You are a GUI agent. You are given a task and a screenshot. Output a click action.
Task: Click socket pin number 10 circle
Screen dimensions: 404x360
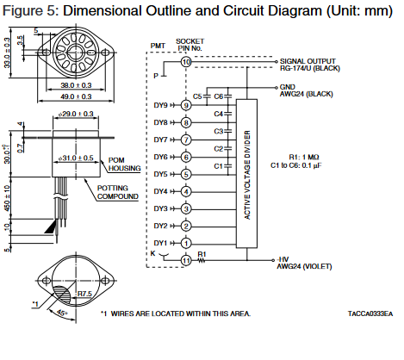point(186,62)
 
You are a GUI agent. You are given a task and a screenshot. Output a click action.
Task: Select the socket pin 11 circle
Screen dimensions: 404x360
point(186,261)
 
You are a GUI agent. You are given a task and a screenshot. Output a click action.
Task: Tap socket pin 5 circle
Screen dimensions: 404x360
point(186,174)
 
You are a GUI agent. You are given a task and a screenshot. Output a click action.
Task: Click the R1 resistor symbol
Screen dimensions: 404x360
point(202,260)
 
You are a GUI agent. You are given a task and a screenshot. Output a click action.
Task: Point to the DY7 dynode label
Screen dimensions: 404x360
point(160,140)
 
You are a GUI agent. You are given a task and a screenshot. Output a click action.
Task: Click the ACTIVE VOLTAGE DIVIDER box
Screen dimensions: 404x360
point(246,174)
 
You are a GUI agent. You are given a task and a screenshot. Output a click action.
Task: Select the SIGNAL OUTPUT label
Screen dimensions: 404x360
point(308,61)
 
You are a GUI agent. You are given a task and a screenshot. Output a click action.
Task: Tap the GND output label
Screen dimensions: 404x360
point(288,87)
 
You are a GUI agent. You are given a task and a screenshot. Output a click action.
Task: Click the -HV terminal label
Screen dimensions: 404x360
point(283,259)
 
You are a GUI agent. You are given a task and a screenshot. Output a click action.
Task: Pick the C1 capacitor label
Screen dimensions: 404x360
point(218,166)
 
